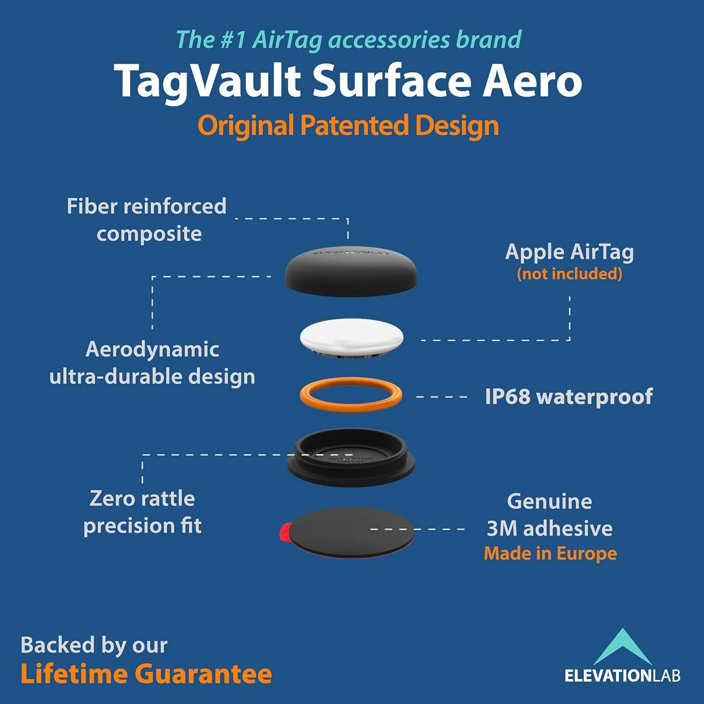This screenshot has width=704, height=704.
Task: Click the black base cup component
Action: pyautogui.click(x=351, y=462)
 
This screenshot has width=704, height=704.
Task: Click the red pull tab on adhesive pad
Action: pyautogui.click(x=284, y=530)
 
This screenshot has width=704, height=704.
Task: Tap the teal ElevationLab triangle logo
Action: pyautogui.click(x=622, y=648)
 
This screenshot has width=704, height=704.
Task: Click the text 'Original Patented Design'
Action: pyautogui.click(x=348, y=125)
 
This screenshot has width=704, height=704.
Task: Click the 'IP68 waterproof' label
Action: pyautogui.click(x=568, y=397)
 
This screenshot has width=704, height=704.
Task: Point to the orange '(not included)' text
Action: pyautogui.click(x=569, y=274)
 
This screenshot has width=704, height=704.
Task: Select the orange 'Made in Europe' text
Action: pyautogui.click(x=550, y=553)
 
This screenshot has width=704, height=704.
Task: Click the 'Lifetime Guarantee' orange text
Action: pyautogui.click(x=146, y=674)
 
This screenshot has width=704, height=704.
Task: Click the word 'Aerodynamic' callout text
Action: pyautogui.click(x=153, y=349)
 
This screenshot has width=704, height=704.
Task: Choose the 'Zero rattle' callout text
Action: pyautogui.click(x=142, y=498)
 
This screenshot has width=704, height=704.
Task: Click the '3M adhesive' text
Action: pyautogui.click(x=550, y=528)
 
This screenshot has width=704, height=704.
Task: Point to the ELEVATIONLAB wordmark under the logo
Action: pyautogui.click(x=622, y=676)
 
